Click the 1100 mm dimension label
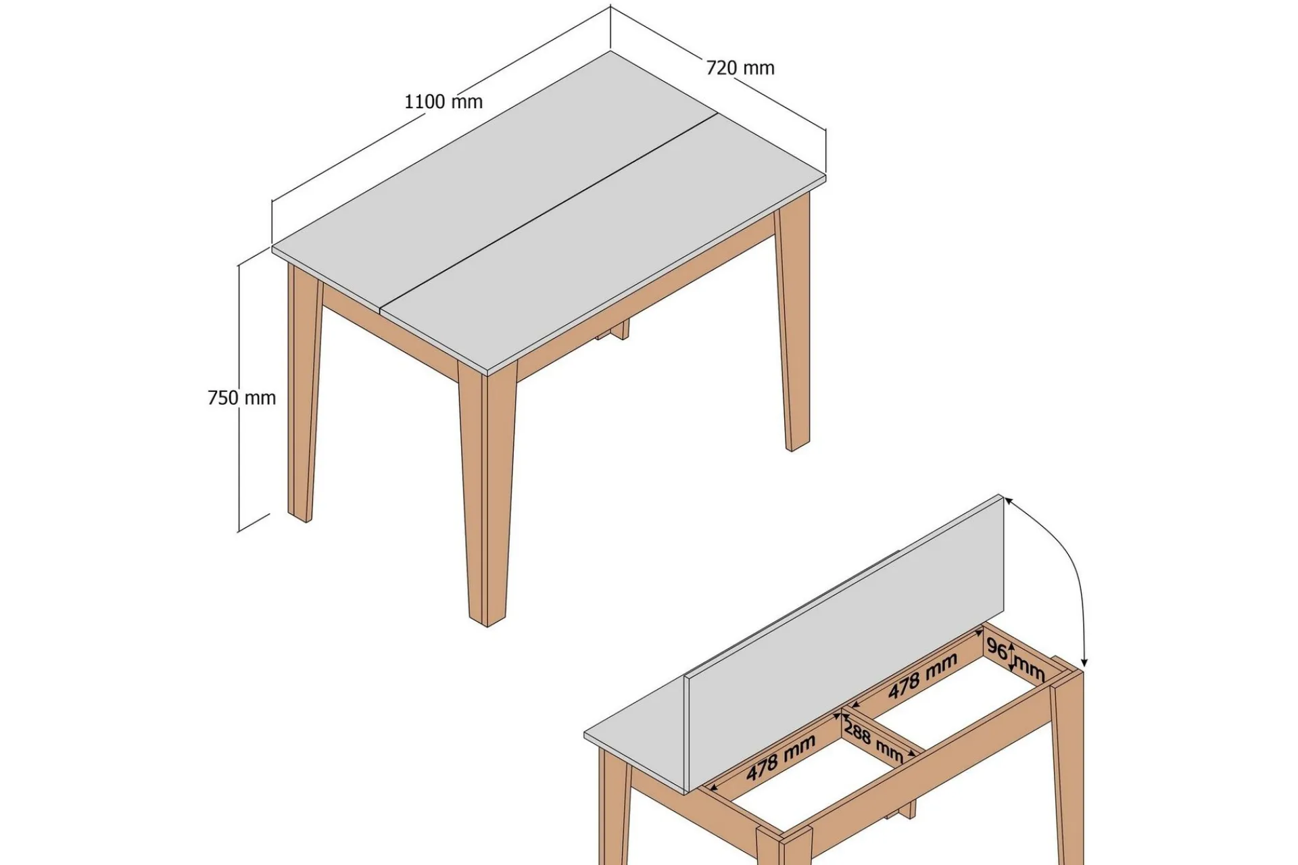coord(443,102)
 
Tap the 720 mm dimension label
coord(740,68)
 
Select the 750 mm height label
coord(242,398)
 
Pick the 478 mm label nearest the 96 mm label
coord(923,676)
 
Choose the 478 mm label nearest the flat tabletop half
coord(781,757)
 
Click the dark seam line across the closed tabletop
coord(549,211)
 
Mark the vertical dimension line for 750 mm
coord(239,398)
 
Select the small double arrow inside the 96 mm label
coord(1012,658)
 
